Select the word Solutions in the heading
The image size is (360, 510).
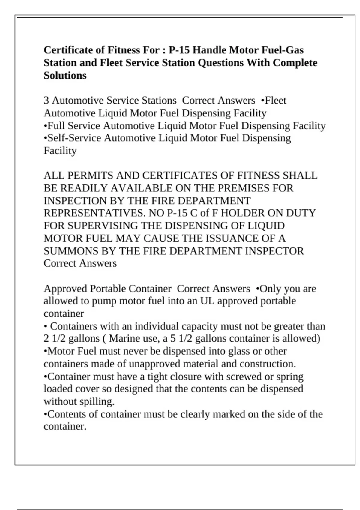pos(65,76)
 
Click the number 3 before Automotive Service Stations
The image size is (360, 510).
pos(46,100)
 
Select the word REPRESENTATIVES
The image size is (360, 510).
pos(94,213)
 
